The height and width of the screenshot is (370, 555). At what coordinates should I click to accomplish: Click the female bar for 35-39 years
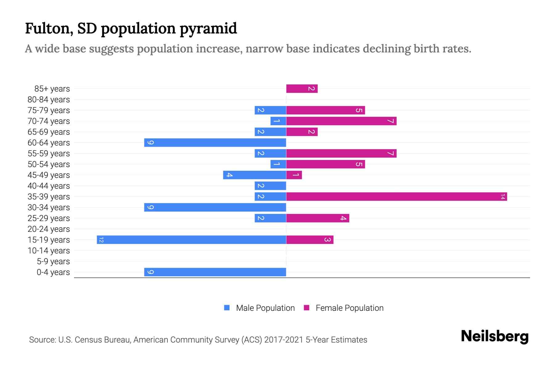pos(396,197)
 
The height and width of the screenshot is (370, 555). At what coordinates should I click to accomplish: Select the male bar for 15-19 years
pos(191,240)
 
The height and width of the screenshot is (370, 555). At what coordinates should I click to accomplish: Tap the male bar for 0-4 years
pos(215,272)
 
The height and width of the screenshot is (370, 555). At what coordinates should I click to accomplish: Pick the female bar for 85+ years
pos(302,89)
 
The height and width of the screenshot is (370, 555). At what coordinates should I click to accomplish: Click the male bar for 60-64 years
pos(215,143)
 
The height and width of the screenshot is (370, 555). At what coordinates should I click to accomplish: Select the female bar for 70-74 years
pos(341,121)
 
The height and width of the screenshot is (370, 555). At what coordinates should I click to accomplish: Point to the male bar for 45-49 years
pos(254,175)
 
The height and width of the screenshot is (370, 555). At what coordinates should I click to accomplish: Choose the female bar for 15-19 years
pos(310,240)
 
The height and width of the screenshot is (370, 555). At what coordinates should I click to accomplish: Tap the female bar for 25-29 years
pos(318,218)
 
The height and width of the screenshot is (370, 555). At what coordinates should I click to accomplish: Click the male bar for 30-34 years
pos(215,208)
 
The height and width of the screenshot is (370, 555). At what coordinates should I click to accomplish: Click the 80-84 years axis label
pos(49,100)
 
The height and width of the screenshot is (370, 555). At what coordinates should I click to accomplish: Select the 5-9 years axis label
pos(53,261)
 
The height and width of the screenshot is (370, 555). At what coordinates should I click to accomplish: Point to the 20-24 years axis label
pos(49,229)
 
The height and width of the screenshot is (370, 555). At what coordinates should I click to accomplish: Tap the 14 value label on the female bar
pos(503,197)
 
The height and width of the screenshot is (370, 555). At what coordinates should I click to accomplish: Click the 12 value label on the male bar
pos(101,240)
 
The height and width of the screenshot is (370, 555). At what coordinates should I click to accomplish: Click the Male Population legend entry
pos(265,308)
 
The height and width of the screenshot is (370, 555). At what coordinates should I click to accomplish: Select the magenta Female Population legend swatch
pos(306,308)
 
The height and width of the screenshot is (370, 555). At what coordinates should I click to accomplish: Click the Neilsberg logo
pos(495,336)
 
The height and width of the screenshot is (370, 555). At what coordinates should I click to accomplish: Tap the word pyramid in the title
pos(208,29)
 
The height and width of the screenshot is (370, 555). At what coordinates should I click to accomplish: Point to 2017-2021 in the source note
pos(283,340)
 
